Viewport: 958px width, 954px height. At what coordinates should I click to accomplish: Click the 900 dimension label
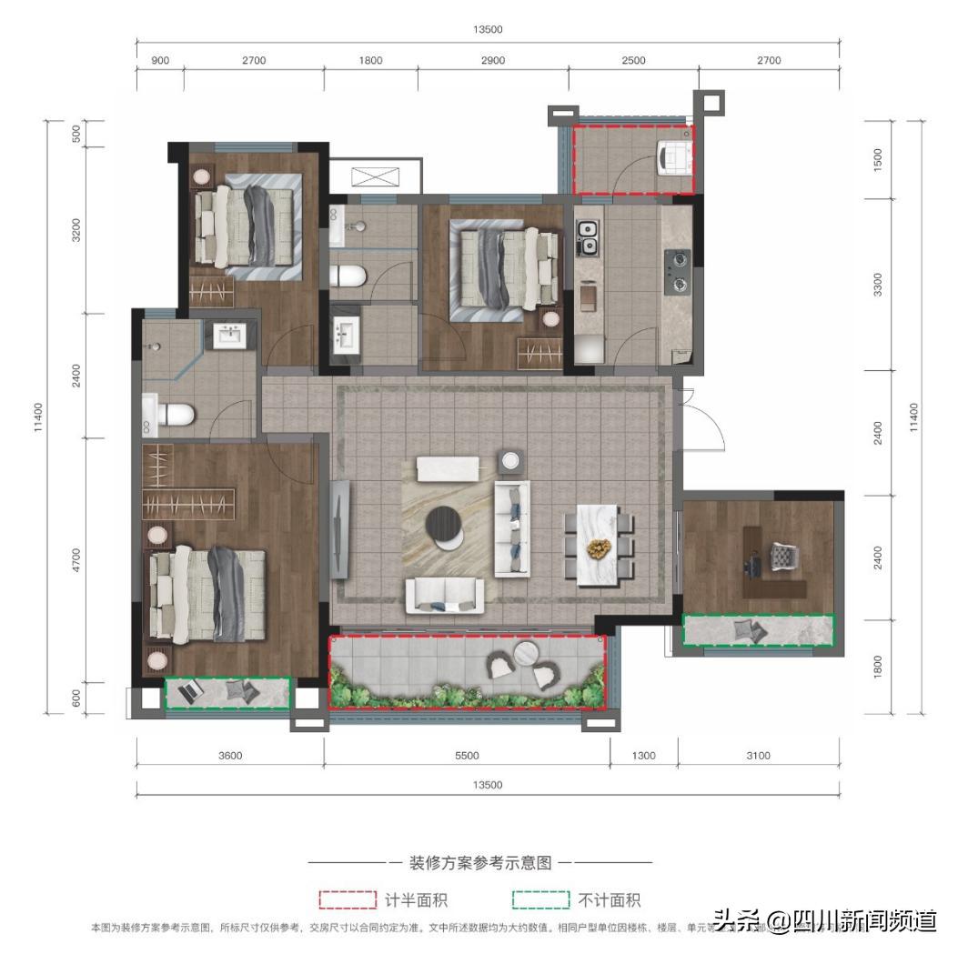159,60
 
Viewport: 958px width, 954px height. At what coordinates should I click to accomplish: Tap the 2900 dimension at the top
492,60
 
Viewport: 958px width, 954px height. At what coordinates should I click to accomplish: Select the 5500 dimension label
467,755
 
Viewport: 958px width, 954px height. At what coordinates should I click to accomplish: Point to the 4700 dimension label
77,558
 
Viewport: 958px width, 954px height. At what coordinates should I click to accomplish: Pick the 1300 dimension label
642,755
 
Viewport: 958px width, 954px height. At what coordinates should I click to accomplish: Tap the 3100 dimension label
757,755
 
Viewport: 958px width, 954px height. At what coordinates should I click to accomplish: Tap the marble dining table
598,546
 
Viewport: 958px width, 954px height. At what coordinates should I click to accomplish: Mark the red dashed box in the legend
347,899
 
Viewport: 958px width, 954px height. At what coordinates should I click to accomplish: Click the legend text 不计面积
609,900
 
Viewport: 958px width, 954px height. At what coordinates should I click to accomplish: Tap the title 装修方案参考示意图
480,863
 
